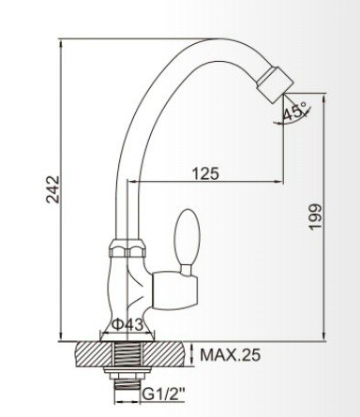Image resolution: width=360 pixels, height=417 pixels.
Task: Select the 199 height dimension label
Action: tap(315, 216)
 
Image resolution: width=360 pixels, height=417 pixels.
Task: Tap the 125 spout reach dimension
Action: tap(205, 173)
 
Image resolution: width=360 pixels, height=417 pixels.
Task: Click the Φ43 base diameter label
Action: tap(127, 325)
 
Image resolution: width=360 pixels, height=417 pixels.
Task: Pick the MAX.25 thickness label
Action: tap(230, 354)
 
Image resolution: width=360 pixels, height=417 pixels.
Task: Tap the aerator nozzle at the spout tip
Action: tap(276, 83)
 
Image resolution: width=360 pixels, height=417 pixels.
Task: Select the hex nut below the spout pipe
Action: tap(127, 248)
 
